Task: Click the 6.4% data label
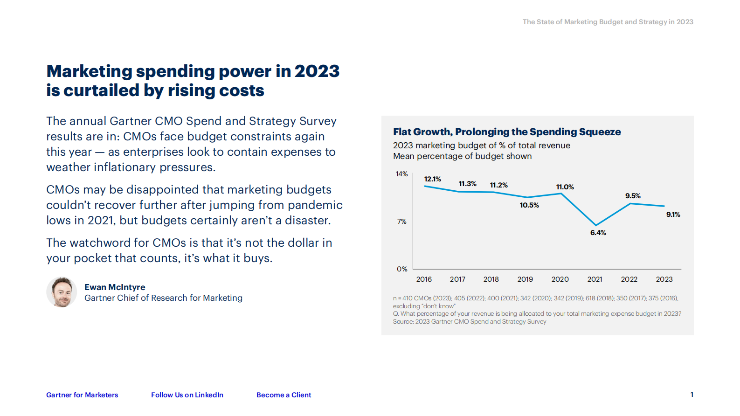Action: pyautogui.click(x=598, y=233)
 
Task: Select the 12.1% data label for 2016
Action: pyautogui.click(x=432, y=179)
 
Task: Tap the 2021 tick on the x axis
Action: pyautogui.click(x=595, y=279)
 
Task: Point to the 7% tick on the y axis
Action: pyautogui.click(x=401, y=222)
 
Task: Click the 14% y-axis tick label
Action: pyautogui.click(x=401, y=174)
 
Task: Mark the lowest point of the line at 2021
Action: pyautogui.click(x=595, y=225)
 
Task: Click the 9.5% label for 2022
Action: pyautogui.click(x=633, y=196)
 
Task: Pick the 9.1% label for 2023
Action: pyautogui.click(x=673, y=215)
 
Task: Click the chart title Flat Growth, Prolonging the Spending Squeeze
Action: pyautogui.click(x=506, y=132)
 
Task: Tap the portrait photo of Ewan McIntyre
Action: pyautogui.click(x=62, y=292)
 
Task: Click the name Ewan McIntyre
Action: pyautogui.click(x=115, y=287)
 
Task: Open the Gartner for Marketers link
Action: pyautogui.click(x=82, y=395)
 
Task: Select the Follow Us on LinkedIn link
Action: pyautogui.click(x=187, y=395)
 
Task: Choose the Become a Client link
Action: pyautogui.click(x=284, y=395)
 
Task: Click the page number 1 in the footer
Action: pyautogui.click(x=692, y=395)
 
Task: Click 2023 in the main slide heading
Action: pyautogui.click(x=317, y=71)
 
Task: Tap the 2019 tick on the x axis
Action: pyautogui.click(x=525, y=279)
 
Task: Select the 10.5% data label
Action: pyautogui.click(x=529, y=205)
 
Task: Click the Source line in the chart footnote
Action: pyautogui.click(x=469, y=322)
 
